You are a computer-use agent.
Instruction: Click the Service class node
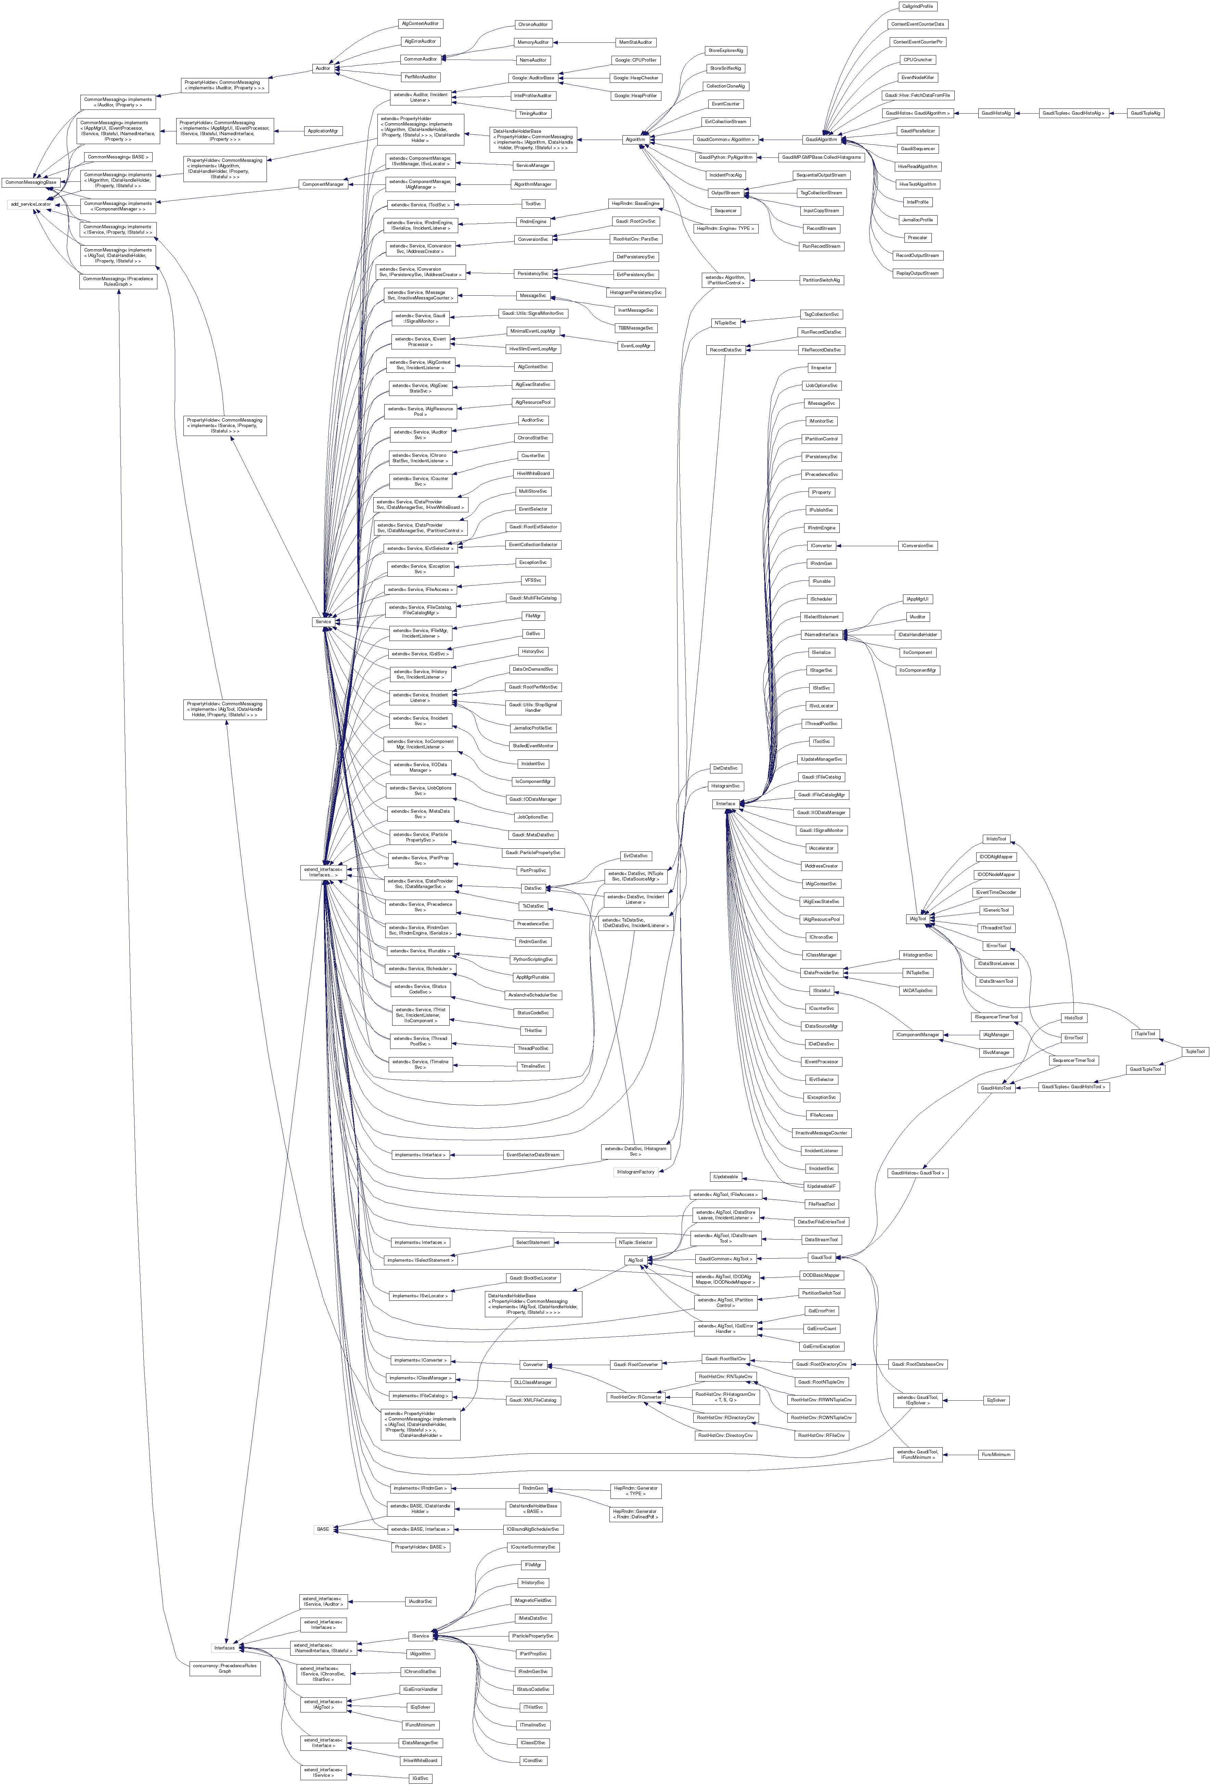click(323, 621)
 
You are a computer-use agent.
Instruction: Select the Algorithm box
click(635, 139)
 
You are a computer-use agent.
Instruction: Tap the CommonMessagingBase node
click(31, 182)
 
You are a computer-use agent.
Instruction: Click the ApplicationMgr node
click(323, 131)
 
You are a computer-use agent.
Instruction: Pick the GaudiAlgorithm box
click(821, 139)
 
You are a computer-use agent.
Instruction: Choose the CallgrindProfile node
click(917, 6)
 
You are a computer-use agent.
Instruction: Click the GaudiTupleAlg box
click(1146, 113)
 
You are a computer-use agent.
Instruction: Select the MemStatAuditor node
click(635, 42)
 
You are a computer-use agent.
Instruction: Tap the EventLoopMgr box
click(635, 346)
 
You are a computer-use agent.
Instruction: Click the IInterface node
click(725, 804)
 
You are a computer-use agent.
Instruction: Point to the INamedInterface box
click(821, 634)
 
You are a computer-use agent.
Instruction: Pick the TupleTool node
click(1194, 1052)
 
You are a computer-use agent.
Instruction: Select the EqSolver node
click(996, 1400)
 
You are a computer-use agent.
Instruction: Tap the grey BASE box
click(323, 1528)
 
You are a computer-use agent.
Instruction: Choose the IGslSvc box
click(420, 1778)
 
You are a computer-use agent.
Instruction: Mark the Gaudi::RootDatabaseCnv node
click(917, 1364)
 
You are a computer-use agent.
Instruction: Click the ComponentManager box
click(323, 184)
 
